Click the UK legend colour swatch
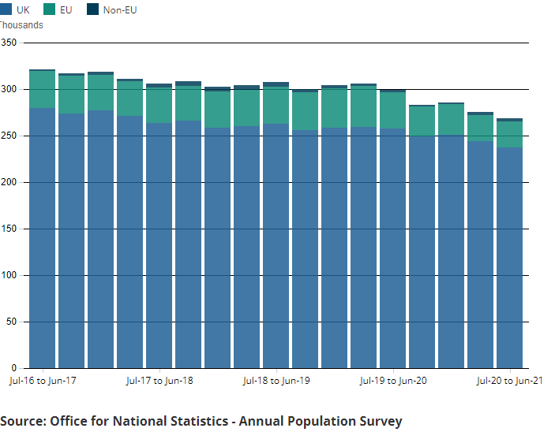5,9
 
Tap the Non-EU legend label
120,10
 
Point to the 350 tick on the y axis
9,43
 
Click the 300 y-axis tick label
9,89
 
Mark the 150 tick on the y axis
9,229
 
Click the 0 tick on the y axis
14,368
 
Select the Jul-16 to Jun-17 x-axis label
42,381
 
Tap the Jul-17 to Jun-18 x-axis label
159,381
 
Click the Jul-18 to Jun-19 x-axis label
276,381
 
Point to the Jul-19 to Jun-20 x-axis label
393,381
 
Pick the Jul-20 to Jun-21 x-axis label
510,381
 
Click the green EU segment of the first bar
42,90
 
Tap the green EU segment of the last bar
509,134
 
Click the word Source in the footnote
22,421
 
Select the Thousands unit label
21,25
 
